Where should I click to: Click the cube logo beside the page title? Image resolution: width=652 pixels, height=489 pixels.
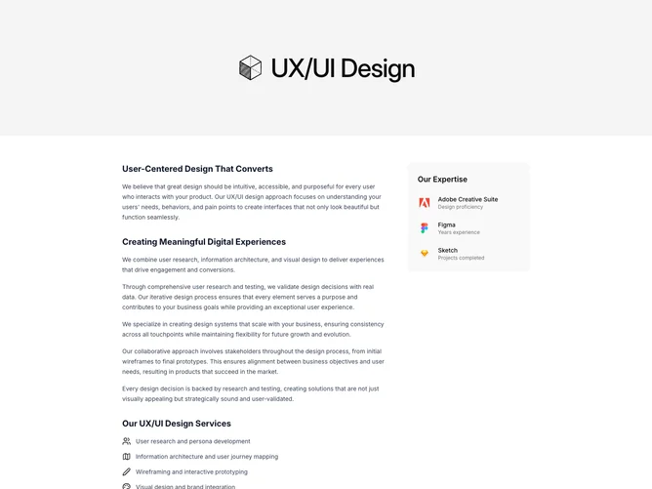(250, 67)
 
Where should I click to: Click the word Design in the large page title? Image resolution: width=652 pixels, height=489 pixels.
(378, 69)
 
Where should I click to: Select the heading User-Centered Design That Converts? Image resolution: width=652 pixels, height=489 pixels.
(197, 169)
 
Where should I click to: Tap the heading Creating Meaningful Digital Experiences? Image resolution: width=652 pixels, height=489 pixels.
(204, 242)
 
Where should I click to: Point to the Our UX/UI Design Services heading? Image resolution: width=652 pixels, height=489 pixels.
(177, 424)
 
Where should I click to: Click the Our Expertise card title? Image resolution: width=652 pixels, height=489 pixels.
(442, 180)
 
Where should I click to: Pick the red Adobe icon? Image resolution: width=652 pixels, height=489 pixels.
(425, 202)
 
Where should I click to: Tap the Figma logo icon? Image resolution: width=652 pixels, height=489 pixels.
(425, 228)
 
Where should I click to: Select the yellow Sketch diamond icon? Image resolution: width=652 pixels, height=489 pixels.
(425, 253)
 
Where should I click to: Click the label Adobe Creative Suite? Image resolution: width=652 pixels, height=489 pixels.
(468, 199)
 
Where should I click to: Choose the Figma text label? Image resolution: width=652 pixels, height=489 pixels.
(447, 224)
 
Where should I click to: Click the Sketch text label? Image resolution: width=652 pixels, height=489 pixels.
(448, 250)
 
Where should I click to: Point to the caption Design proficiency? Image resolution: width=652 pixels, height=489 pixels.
(461, 207)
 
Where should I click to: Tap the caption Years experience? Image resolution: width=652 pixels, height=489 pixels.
(459, 232)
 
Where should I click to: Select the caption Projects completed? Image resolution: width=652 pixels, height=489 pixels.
(461, 258)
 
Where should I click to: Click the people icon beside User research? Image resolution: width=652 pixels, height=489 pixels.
(127, 441)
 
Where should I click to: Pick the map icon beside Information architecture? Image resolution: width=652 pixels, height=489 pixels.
(127, 457)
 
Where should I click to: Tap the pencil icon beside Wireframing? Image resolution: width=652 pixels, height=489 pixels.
(127, 472)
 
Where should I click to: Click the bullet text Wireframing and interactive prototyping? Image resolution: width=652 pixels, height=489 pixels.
(191, 472)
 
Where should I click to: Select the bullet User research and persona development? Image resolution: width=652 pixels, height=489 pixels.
(193, 441)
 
